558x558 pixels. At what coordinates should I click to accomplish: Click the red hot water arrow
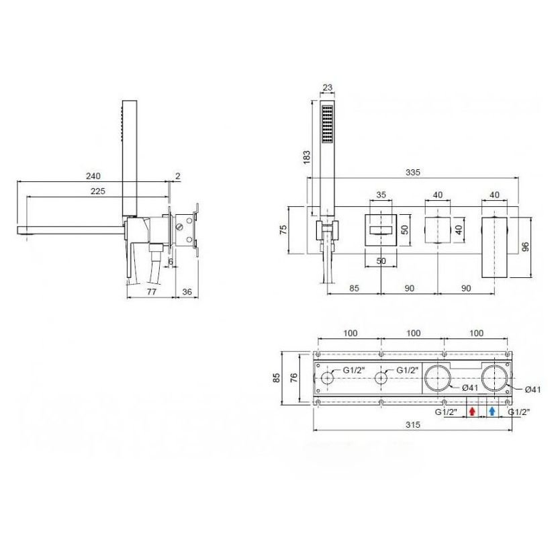point(472,412)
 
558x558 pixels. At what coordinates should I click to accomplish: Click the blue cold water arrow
point(492,412)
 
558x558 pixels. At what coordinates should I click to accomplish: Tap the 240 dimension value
point(93,176)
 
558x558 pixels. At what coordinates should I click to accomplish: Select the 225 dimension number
point(98,191)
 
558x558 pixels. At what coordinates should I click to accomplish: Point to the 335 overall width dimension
point(413,173)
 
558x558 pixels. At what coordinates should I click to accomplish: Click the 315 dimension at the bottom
point(413,424)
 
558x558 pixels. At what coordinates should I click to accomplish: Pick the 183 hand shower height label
point(306,157)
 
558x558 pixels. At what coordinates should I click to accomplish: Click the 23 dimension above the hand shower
point(328,87)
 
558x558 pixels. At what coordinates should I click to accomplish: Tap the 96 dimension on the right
point(525,246)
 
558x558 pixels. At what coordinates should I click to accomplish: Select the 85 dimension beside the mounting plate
point(277,377)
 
